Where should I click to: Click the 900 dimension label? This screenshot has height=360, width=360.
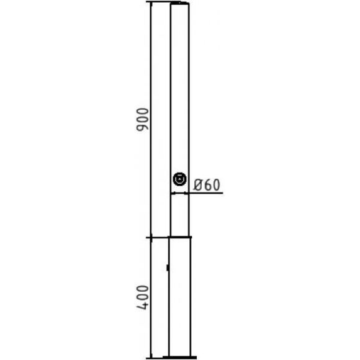pos(142,119)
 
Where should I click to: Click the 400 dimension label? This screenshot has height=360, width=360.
pos(142,297)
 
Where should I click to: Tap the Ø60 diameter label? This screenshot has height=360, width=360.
pos(207,185)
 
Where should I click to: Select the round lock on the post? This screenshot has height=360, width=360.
pos(179,179)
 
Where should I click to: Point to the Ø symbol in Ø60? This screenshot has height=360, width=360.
pos(197,185)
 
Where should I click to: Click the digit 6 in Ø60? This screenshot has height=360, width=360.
pos(207,185)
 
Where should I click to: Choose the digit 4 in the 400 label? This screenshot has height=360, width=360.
pos(142,305)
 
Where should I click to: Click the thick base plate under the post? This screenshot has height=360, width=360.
pos(179,358)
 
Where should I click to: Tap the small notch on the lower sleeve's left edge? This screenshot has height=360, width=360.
pos(168,268)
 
